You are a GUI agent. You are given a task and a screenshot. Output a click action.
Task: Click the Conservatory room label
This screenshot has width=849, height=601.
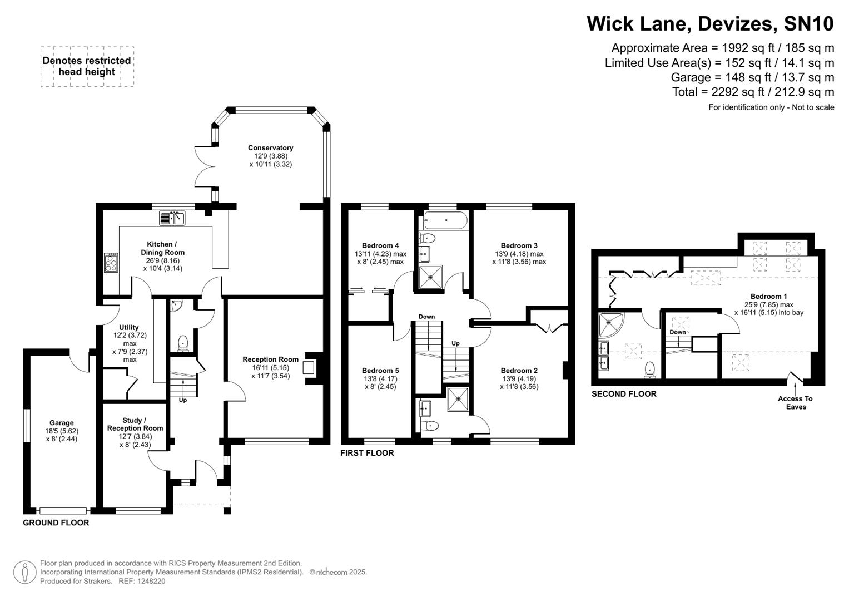(x=270, y=148)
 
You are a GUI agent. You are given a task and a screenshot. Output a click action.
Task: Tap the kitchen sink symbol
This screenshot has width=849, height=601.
(x=172, y=218)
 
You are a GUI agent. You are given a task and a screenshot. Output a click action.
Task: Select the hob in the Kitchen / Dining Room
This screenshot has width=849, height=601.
(x=111, y=263)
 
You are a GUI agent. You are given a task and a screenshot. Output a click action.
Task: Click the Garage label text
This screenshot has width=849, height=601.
(x=61, y=423)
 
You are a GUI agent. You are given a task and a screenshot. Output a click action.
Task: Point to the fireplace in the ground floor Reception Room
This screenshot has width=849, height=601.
(x=309, y=368)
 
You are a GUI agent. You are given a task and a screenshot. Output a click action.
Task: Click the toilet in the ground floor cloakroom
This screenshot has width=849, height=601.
(x=182, y=343)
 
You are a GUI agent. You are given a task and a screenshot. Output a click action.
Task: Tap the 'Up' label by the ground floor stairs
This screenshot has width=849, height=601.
(x=182, y=400)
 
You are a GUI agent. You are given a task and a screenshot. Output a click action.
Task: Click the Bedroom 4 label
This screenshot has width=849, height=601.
(x=380, y=245)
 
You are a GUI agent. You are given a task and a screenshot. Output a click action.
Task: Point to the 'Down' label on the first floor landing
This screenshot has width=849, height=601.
(x=426, y=317)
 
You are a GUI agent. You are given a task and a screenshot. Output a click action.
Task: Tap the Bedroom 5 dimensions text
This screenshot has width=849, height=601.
(x=380, y=383)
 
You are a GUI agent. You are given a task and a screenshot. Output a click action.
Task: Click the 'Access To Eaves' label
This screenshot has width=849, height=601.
(x=795, y=402)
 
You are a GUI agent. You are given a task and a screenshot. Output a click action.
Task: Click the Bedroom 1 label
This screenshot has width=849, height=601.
(x=768, y=297)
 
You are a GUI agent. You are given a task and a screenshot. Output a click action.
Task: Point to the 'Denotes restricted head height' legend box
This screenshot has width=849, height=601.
(x=87, y=66)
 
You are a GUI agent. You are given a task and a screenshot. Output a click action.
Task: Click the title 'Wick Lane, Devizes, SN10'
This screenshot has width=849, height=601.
(x=710, y=24)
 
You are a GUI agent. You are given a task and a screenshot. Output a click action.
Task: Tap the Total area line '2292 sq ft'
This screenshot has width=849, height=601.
(x=753, y=92)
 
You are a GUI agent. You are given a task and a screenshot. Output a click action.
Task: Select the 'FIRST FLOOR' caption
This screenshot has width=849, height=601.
(x=367, y=453)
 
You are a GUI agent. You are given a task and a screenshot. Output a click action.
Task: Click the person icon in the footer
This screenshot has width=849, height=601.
(x=24, y=572)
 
